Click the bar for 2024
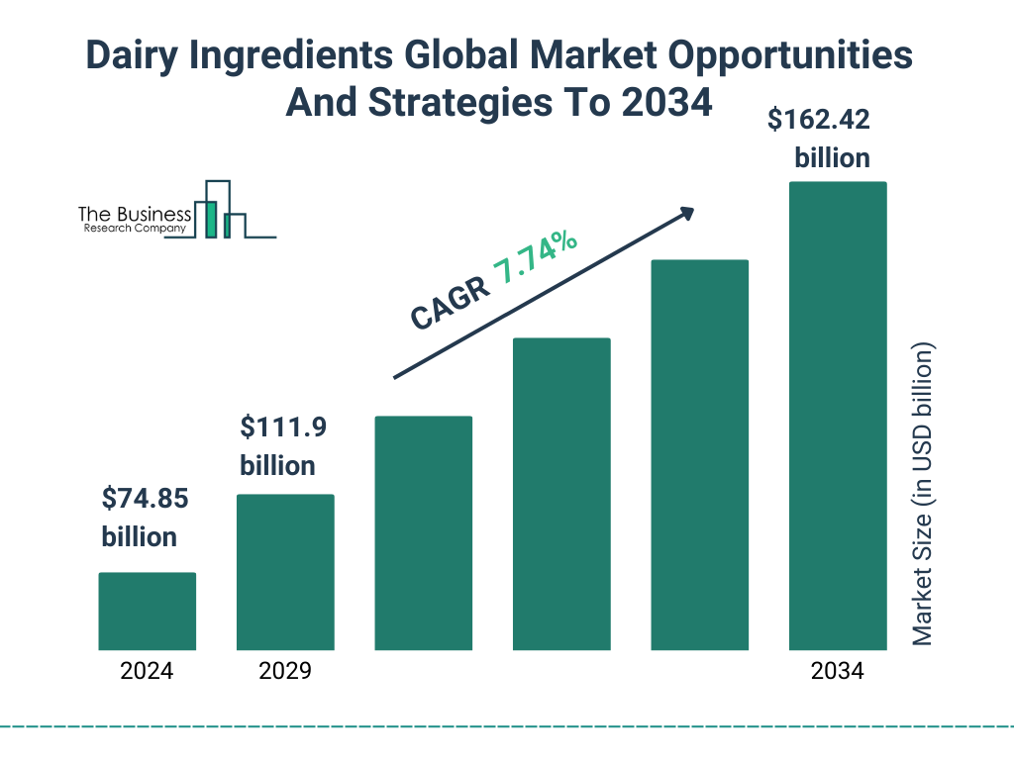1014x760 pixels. [x=147, y=611]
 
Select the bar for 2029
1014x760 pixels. [x=285, y=572]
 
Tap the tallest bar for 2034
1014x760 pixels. [x=837, y=416]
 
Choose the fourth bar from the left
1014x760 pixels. [x=561, y=494]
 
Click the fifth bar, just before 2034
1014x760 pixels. [x=699, y=455]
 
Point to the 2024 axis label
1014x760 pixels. [x=147, y=671]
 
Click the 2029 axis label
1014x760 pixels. [x=285, y=671]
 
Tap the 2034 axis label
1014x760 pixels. [x=837, y=671]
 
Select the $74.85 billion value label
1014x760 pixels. [x=145, y=518]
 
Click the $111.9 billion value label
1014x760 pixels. [x=283, y=446]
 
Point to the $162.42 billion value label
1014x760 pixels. [x=819, y=140]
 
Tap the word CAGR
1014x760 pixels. [x=449, y=303]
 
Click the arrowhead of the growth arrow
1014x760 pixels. [x=686, y=213]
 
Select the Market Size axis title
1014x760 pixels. [x=923, y=495]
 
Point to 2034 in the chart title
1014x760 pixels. [x=665, y=103]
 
